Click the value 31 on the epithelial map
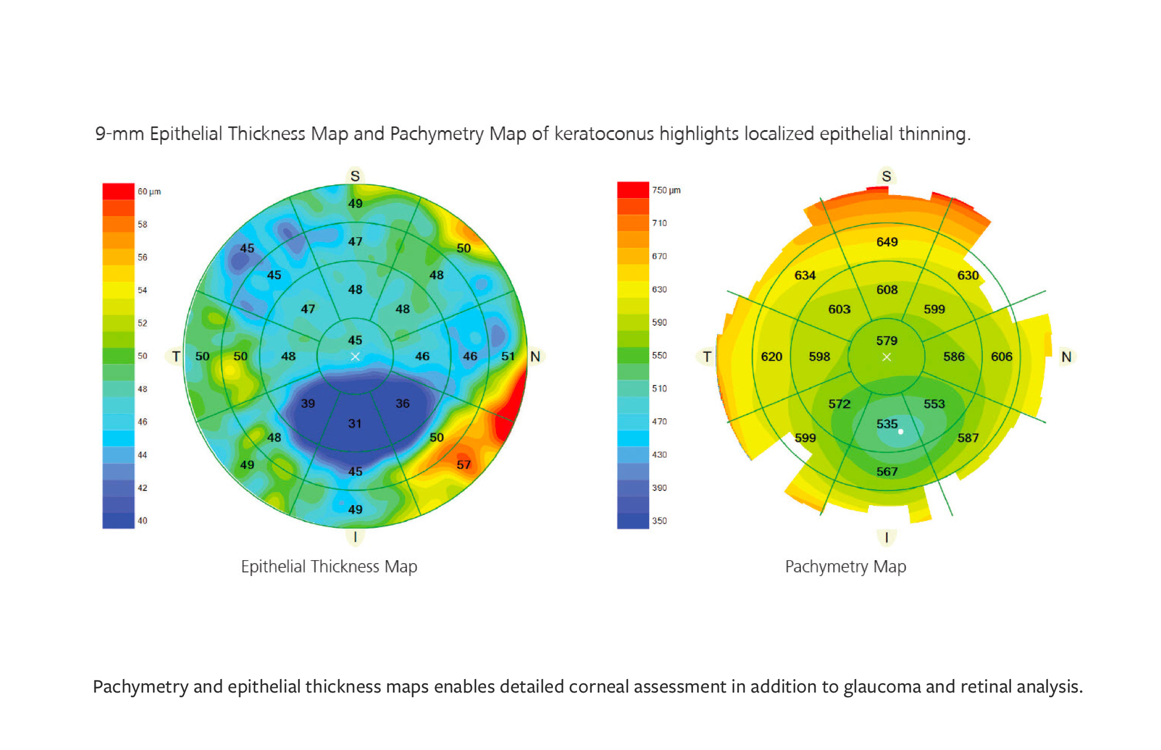click(x=355, y=424)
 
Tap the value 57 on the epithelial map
click(x=464, y=465)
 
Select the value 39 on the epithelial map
click(x=308, y=404)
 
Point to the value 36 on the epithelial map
click(x=403, y=404)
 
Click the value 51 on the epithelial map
click(x=508, y=356)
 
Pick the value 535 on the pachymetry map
click(x=887, y=424)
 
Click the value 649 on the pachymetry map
click(x=887, y=242)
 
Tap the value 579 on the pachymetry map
click(x=887, y=340)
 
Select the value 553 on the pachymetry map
click(x=935, y=404)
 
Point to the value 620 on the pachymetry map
click(x=772, y=356)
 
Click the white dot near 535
click(x=901, y=432)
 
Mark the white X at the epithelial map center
click(x=355, y=356)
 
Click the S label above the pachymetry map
click(x=887, y=176)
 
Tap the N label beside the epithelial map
click(x=535, y=356)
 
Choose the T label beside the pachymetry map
click(x=707, y=356)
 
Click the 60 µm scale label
click(x=149, y=192)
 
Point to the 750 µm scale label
click(x=666, y=190)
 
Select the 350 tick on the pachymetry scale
click(x=659, y=520)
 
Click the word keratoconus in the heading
click(x=604, y=134)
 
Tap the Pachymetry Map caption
click(x=846, y=567)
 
